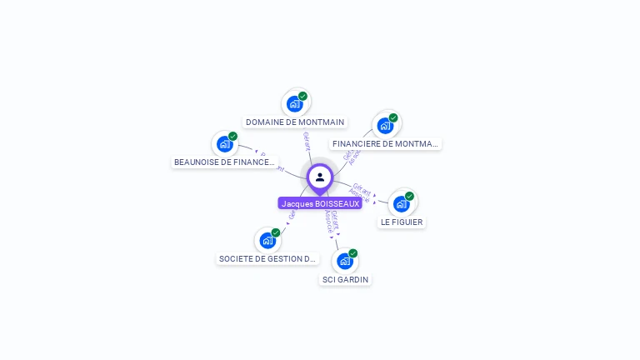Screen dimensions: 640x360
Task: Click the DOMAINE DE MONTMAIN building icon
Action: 294,103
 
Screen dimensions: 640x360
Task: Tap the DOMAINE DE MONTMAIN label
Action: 295,122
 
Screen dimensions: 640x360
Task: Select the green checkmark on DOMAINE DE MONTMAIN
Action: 302,96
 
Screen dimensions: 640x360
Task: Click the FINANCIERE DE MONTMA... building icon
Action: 385,125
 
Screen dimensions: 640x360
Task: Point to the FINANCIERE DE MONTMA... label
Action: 385,143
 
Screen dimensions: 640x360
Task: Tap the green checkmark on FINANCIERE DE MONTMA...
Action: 393,117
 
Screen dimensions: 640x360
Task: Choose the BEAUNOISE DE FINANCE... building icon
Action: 224,143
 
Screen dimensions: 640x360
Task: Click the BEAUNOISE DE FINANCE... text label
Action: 224,162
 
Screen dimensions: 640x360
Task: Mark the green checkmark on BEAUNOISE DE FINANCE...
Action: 232,136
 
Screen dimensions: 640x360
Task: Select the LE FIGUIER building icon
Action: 402,203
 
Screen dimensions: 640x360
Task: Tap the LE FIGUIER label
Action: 402,222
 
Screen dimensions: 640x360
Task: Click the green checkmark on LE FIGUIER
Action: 409,196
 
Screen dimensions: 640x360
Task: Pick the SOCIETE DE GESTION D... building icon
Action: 267,240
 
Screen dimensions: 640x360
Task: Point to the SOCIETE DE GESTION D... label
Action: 268,258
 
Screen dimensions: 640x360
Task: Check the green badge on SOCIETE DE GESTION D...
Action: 276,232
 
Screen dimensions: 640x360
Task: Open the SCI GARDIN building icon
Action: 345,261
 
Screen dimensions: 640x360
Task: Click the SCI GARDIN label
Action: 345,279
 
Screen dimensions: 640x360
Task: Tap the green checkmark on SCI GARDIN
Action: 353,253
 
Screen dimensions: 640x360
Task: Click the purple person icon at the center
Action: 320,177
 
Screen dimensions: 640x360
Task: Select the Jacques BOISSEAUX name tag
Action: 320,203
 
